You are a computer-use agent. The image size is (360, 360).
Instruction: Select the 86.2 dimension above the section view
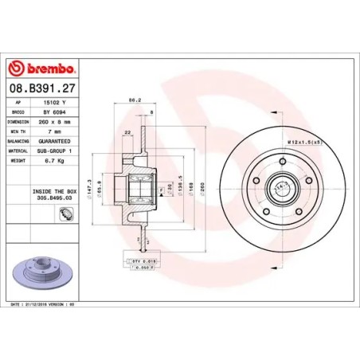coord(135,101)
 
